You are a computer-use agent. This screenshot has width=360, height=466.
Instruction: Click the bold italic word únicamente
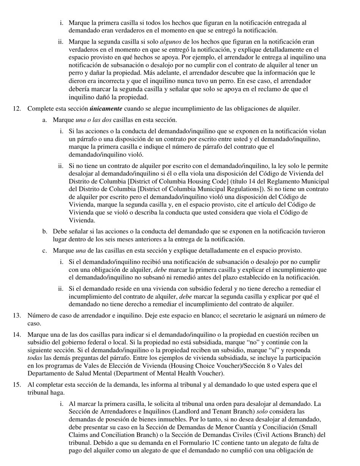tap(106, 109)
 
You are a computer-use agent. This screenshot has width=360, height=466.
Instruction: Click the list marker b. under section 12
tap(45, 231)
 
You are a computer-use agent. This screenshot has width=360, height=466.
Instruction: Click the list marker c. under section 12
tap(45, 250)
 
